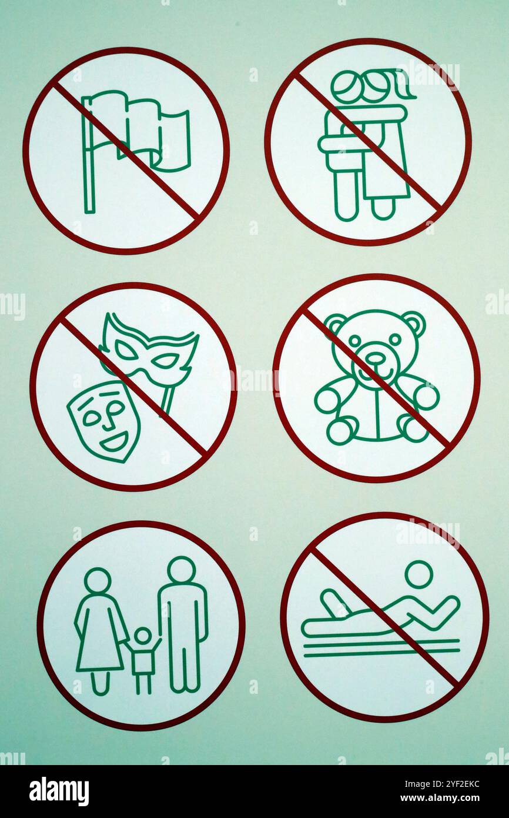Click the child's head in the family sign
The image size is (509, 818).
pyautogui.click(x=142, y=636)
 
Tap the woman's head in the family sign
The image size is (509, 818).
pyautogui.click(x=98, y=580)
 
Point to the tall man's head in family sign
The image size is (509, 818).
pyautogui.click(x=181, y=569)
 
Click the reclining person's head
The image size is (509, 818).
pyautogui.click(x=418, y=574)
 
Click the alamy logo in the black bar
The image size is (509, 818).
pyautogui.click(x=59, y=791)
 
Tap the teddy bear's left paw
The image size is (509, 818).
pyautogui.click(x=327, y=399)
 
